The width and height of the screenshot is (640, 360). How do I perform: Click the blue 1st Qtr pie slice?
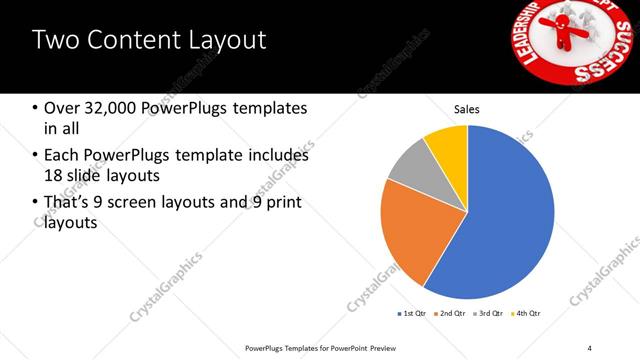coord(500,220)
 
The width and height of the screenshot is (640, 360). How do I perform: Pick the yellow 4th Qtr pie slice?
coord(448,145)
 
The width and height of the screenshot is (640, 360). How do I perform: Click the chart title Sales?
coord(467,108)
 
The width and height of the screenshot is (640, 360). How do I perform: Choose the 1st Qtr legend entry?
coord(413,314)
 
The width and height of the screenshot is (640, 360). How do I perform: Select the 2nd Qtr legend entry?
coord(451,314)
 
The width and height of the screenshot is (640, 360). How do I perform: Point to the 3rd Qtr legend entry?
coord(488,314)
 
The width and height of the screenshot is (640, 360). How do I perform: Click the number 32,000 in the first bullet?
coord(111,108)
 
